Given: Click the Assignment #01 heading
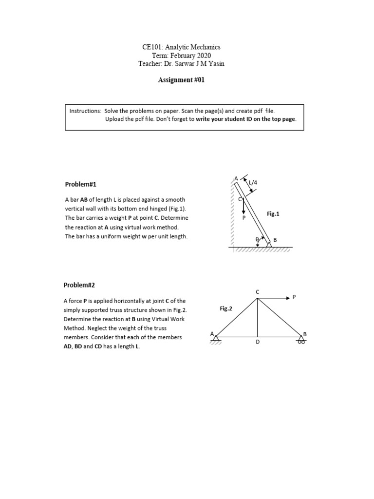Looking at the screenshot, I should (181, 80).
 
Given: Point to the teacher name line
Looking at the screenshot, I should (181, 64).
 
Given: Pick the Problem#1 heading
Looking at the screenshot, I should (81, 184).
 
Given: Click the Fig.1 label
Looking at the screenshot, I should (274, 213).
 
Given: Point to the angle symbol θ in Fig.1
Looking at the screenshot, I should (257, 240).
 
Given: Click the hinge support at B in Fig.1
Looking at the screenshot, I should (268, 244).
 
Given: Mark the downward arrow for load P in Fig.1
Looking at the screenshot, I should (243, 208).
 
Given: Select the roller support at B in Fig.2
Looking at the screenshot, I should (301, 341).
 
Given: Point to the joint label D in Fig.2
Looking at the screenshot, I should (258, 343).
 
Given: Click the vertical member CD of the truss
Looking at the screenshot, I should (258, 317).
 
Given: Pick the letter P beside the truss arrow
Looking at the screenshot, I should (294, 297).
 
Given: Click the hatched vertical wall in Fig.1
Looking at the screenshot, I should (232, 214).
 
